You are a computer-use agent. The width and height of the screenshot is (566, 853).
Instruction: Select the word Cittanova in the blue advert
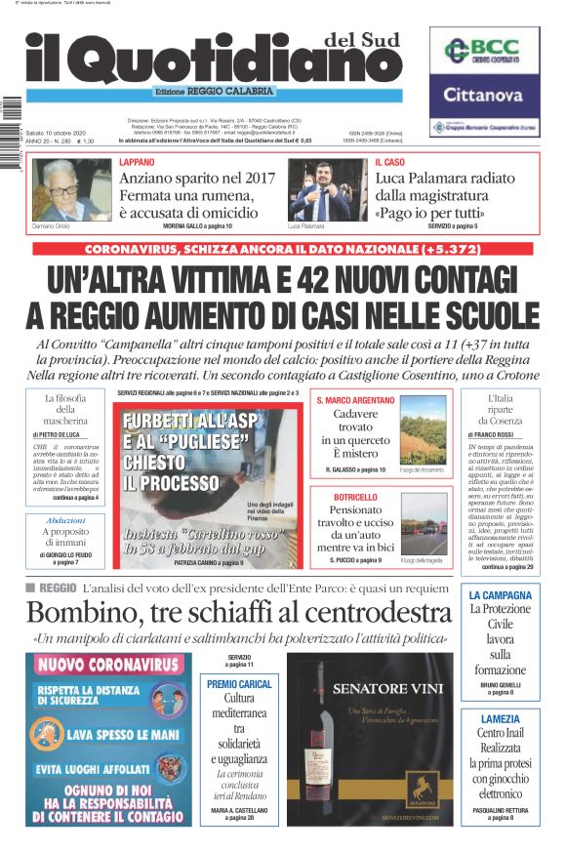click(x=483, y=95)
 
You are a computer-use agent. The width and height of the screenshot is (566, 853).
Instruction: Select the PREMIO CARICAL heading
click(x=239, y=684)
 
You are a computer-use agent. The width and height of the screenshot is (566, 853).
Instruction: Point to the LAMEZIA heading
click(x=500, y=719)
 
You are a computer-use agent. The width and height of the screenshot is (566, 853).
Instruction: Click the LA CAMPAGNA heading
click(x=500, y=595)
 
